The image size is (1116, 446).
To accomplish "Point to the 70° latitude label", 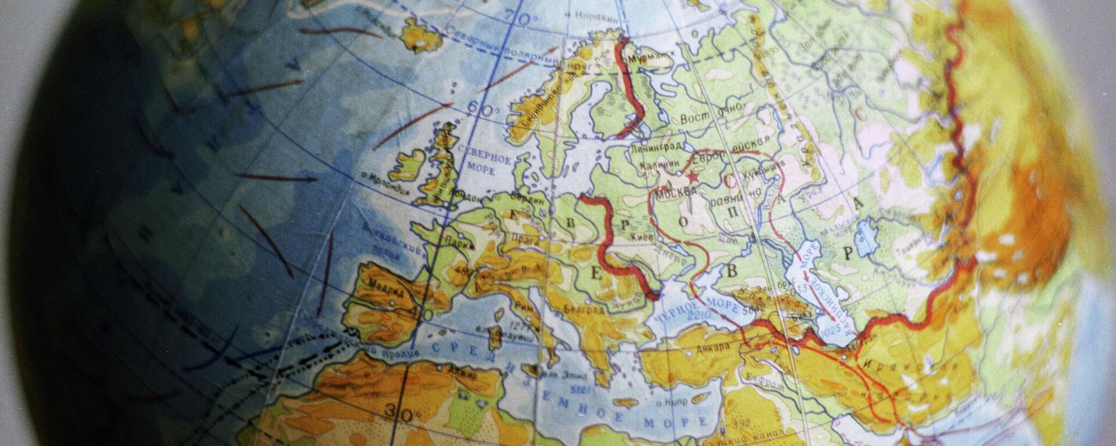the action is pos(525,19).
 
